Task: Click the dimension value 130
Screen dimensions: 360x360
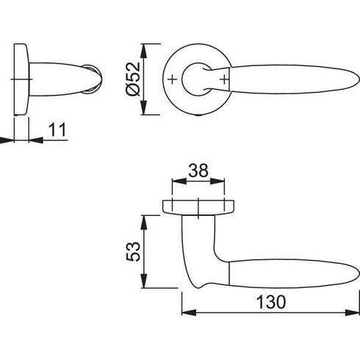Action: (x=271, y=302)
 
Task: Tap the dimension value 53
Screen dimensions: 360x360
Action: (x=134, y=251)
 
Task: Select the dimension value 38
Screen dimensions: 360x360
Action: (x=198, y=170)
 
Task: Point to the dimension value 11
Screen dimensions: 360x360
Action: (x=58, y=129)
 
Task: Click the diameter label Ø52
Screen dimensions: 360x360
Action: (x=134, y=79)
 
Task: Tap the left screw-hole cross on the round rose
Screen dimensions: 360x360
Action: (x=173, y=79)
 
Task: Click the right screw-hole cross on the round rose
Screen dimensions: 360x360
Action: (x=224, y=79)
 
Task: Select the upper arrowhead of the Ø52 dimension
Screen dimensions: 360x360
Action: (x=144, y=51)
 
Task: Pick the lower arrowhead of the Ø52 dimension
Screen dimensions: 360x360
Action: (x=144, y=107)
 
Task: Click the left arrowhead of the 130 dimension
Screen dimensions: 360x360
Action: (x=189, y=312)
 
